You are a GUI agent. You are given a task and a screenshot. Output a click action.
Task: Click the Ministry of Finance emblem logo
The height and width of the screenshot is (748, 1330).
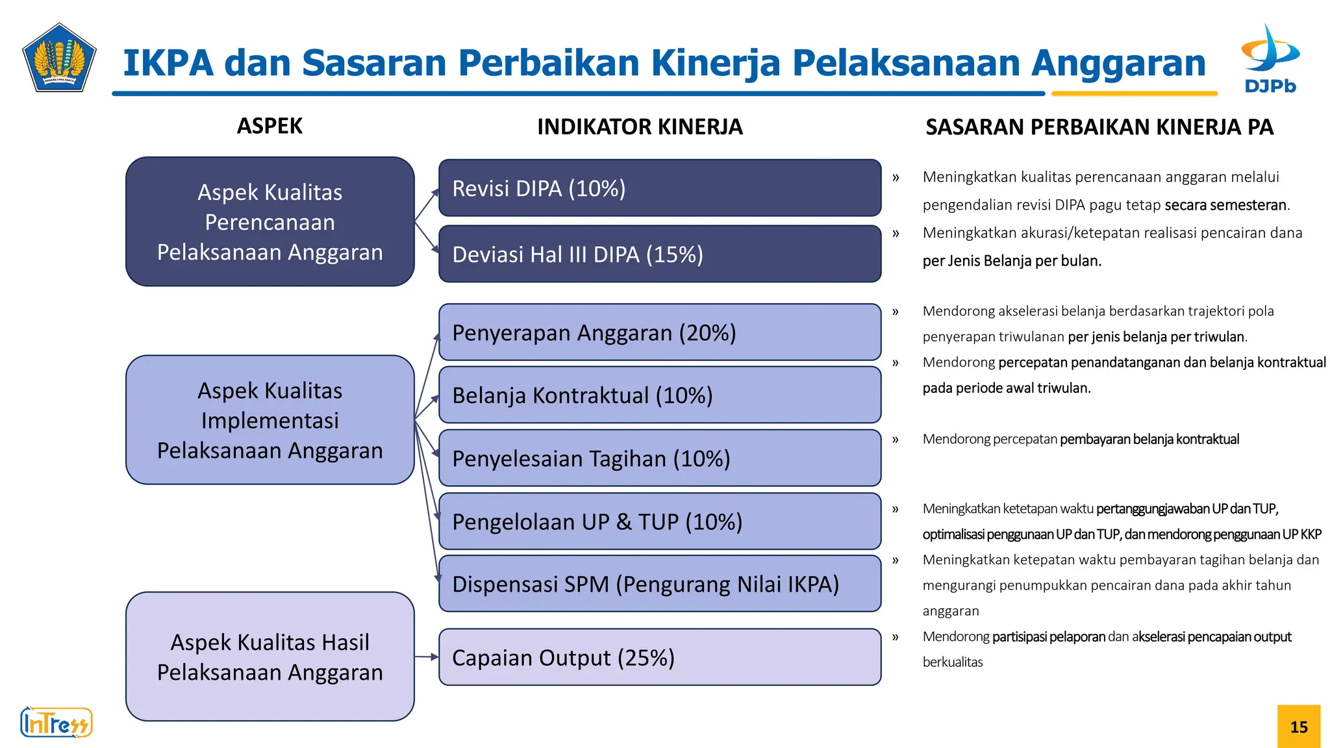click(x=59, y=58)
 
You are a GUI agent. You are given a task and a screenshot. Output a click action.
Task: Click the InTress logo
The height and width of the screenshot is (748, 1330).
click(x=56, y=723)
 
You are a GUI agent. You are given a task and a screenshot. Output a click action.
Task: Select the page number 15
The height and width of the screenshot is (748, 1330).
click(x=1299, y=727)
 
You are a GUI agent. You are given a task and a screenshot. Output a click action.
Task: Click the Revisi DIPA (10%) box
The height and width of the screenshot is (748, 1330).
click(x=659, y=188)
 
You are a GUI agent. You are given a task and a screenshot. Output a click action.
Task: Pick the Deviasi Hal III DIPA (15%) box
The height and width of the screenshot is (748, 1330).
click(x=659, y=254)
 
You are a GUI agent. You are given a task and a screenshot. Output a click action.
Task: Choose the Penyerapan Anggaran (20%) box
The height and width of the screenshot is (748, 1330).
click(x=659, y=332)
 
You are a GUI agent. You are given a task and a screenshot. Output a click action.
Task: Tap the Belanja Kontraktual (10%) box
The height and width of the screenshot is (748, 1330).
click(x=659, y=395)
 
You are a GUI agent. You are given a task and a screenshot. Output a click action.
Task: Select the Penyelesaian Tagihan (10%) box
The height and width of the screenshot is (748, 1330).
click(x=659, y=458)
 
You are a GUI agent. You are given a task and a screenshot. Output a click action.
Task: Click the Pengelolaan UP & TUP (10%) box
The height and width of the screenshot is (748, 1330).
click(x=659, y=521)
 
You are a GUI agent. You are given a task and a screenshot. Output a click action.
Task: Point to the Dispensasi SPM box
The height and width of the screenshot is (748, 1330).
click(x=659, y=584)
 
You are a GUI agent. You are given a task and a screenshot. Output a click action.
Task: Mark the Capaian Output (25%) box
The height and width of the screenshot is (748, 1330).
click(x=659, y=657)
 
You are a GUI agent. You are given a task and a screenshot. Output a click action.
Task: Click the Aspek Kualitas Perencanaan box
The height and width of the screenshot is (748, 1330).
click(x=270, y=221)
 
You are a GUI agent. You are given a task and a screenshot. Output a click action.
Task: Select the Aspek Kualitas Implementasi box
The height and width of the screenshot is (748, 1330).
click(x=270, y=420)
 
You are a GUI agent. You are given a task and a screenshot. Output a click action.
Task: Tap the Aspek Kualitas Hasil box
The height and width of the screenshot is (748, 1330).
click(x=270, y=656)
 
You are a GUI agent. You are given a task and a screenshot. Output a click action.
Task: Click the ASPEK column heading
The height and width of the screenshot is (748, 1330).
click(x=270, y=126)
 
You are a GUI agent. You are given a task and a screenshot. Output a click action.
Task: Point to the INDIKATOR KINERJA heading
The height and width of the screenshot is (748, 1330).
click(x=640, y=127)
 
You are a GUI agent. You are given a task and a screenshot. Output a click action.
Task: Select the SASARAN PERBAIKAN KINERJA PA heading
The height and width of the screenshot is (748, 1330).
click(x=1099, y=127)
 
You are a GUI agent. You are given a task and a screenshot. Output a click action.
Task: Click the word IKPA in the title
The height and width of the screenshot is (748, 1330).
click(x=168, y=63)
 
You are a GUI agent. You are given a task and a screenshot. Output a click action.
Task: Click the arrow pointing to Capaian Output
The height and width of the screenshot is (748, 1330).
click(x=427, y=657)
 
